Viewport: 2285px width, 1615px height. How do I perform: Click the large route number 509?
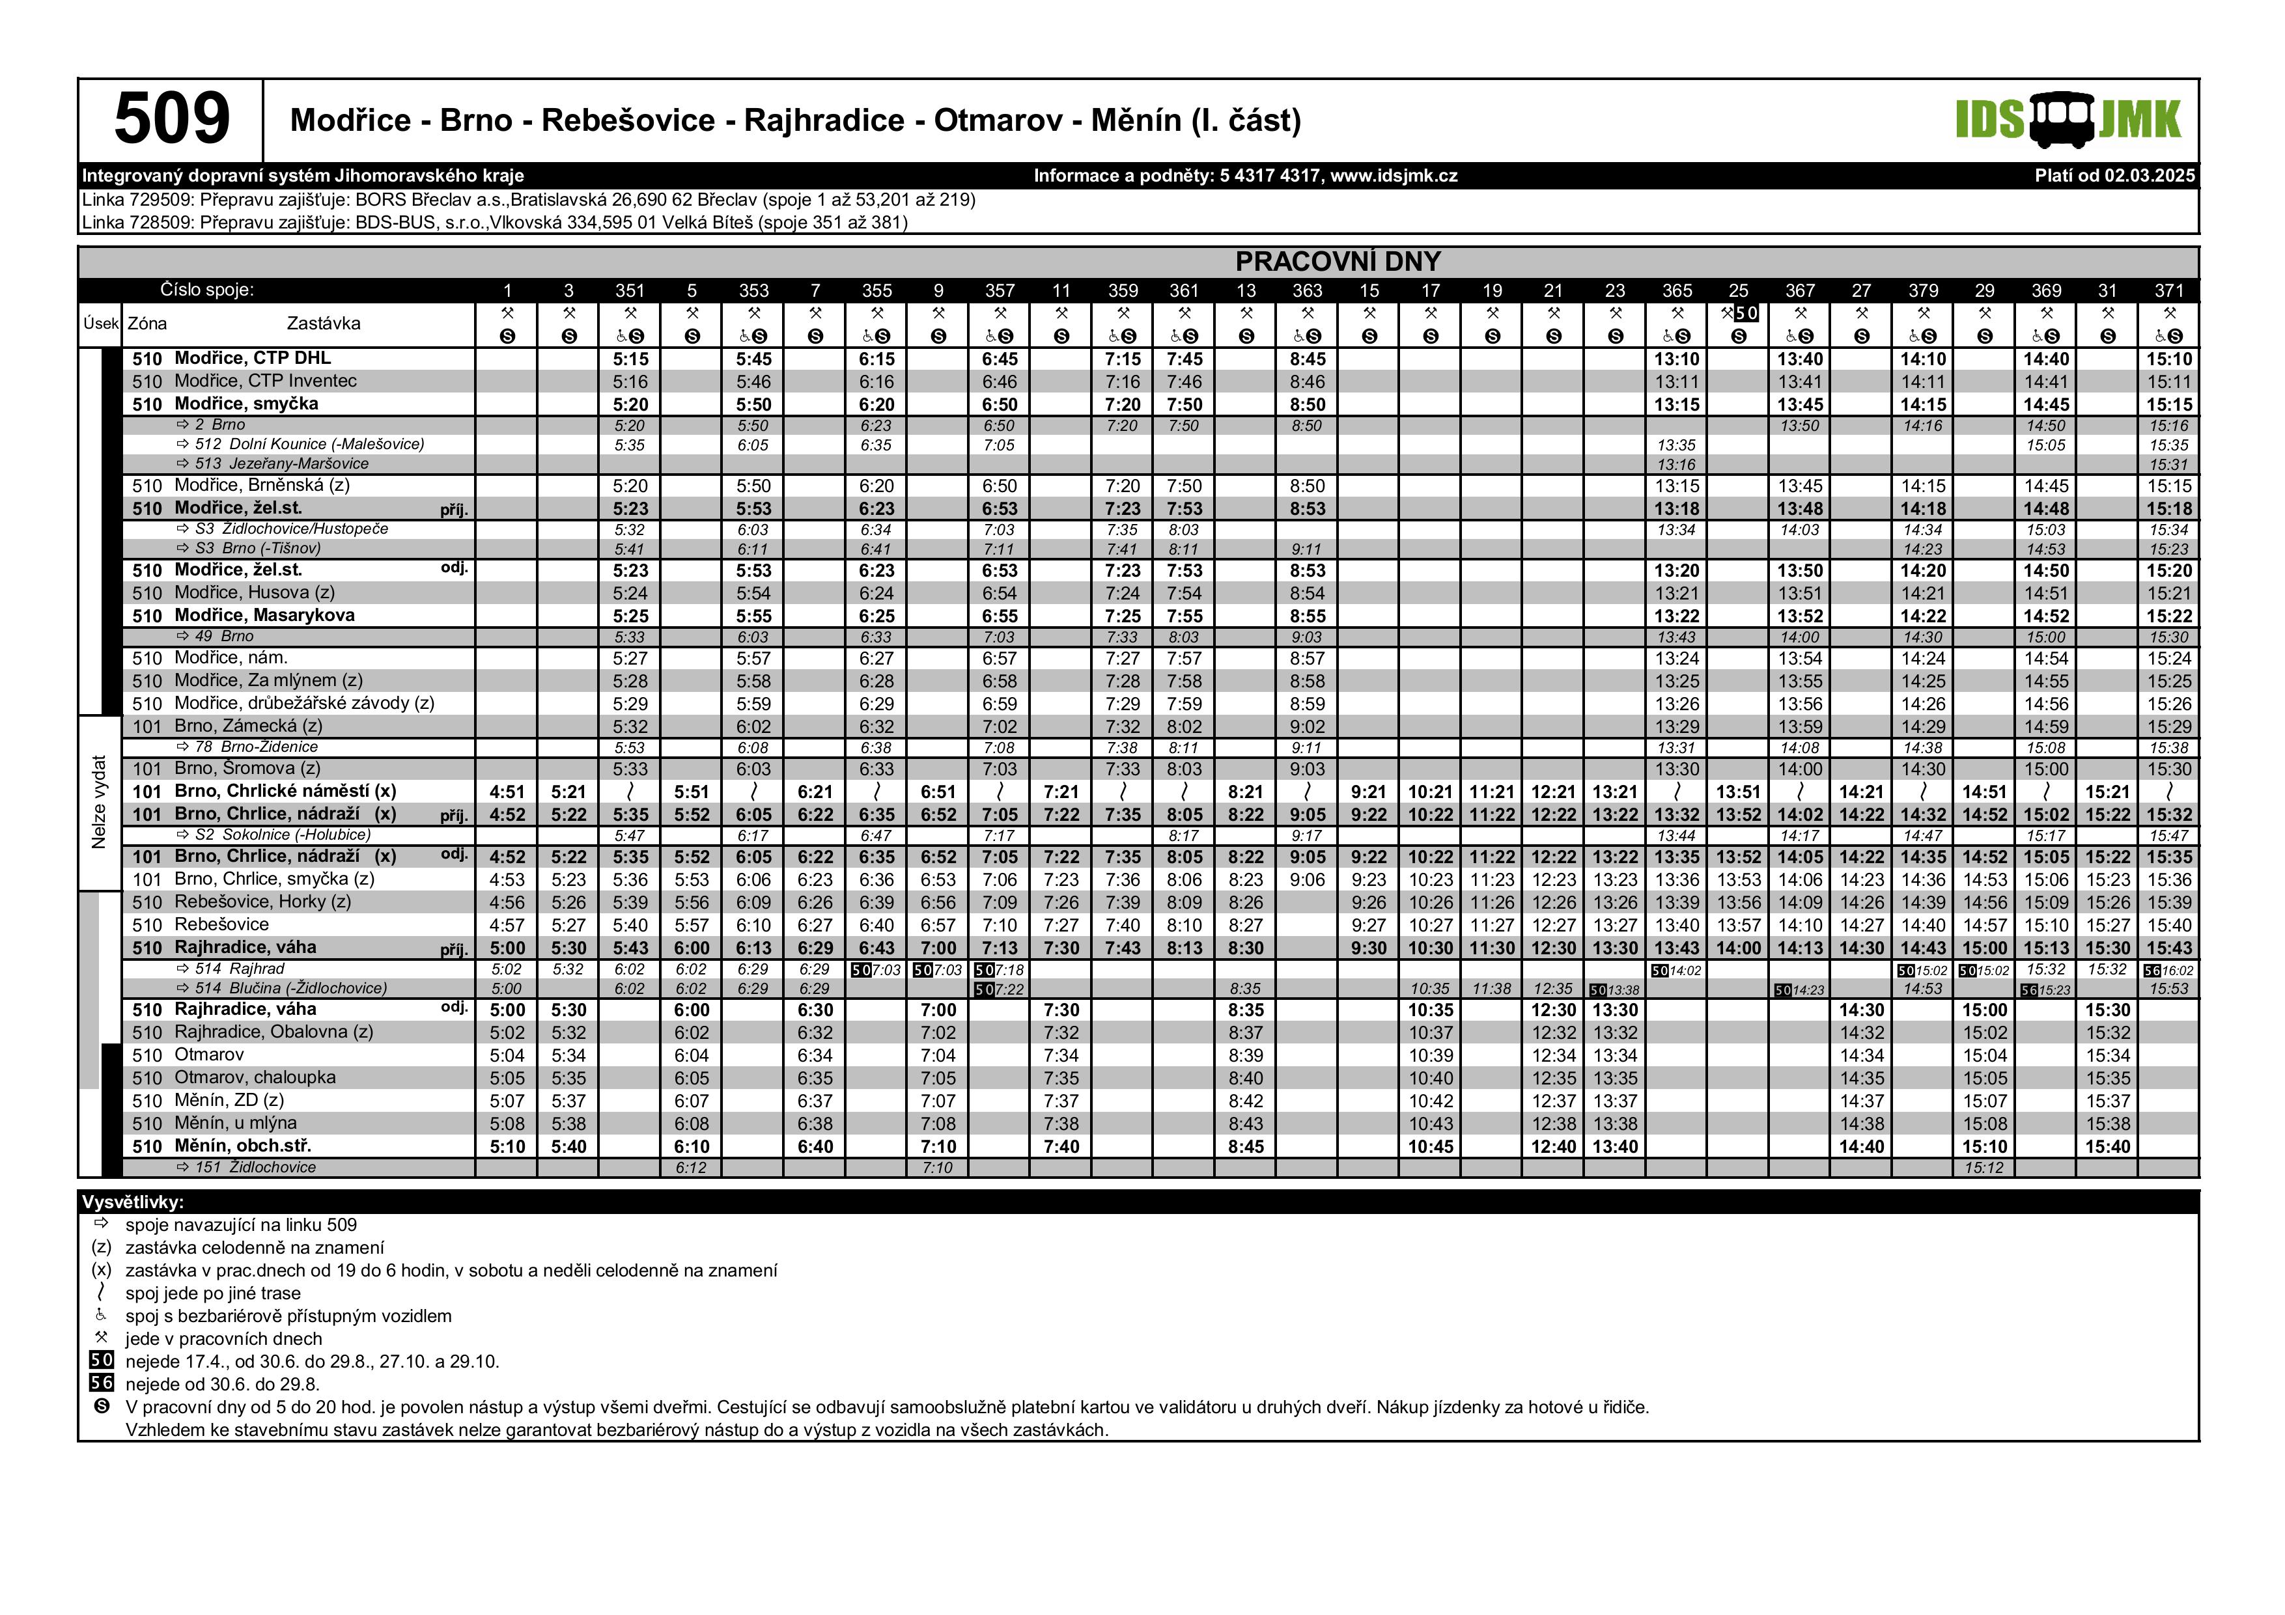(171, 119)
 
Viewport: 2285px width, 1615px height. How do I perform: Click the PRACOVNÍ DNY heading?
(1338, 262)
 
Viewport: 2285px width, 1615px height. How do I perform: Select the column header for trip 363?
(1307, 290)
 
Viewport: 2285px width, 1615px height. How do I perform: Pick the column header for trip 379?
(1923, 290)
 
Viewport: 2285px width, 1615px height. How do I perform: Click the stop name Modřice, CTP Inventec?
(265, 381)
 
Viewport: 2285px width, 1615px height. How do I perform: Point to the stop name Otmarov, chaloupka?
(255, 1078)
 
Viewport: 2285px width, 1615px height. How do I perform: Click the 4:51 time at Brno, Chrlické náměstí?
(507, 792)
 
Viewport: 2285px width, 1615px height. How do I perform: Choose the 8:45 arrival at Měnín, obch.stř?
(1246, 1146)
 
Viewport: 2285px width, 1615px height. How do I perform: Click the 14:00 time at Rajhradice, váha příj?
(1739, 948)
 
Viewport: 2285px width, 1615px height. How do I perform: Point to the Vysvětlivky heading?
(132, 1202)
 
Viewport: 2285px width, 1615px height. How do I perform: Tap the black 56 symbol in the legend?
(102, 1383)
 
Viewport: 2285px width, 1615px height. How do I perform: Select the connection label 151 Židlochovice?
(255, 1167)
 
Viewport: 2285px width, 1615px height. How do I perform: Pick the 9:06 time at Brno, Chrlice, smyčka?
(1307, 879)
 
